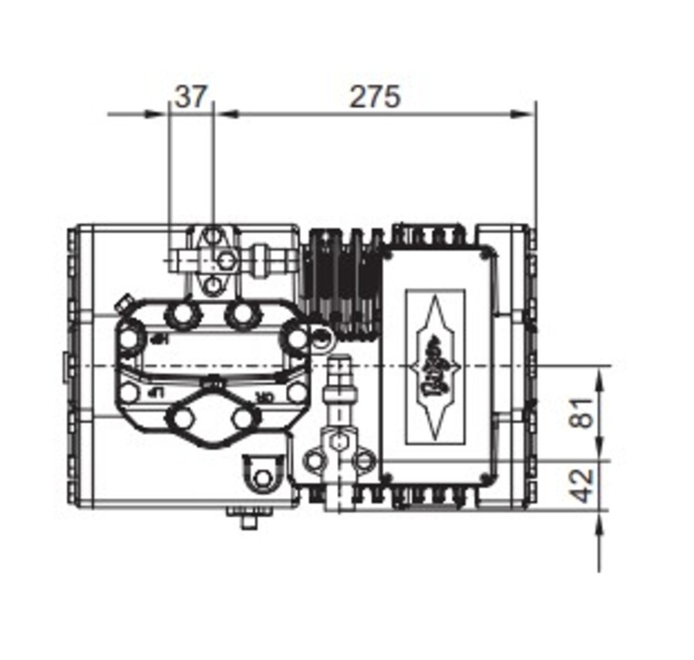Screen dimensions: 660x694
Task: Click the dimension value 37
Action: tap(191, 97)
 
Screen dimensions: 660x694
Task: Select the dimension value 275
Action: tap(376, 97)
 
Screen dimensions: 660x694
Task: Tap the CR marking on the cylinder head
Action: tap(264, 396)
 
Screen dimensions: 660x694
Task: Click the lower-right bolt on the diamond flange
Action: tap(244, 419)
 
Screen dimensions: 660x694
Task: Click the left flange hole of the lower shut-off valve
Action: tap(314, 461)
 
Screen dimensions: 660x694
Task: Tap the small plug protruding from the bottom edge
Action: tap(248, 521)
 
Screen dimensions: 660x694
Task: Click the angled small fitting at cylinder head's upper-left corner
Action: tap(121, 307)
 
